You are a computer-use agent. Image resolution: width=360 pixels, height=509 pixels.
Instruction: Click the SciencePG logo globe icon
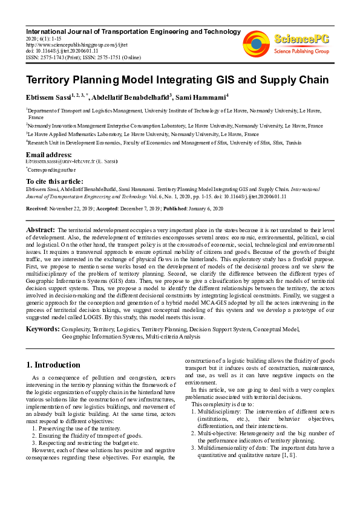pyautogui.click(x=256, y=42)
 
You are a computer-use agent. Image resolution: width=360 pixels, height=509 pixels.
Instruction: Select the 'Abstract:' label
pyautogui.click(x=41, y=230)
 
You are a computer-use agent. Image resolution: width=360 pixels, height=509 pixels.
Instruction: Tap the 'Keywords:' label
pyautogui.click(x=42, y=329)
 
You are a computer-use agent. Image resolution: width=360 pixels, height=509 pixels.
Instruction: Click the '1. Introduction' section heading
pyautogui.click(x=53, y=365)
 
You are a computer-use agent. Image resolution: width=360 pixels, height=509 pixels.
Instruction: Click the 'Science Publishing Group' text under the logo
pyautogui.click(x=301, y=51)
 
